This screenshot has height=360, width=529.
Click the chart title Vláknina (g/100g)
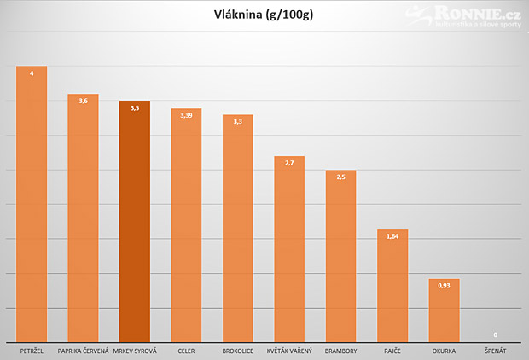[x=264, y=15]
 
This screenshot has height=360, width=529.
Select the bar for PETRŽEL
[x=32, y=204]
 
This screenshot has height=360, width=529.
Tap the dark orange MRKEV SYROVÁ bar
[x=135, y=221]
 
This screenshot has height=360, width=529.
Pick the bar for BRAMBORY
[x=340, y=256]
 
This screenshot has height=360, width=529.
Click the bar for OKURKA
[x=444, y=311]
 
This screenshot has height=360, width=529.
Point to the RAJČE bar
[x=392, y=286]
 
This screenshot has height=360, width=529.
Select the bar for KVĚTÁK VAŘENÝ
[x=289, y=249]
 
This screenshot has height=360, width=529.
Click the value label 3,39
[x=186, y=115]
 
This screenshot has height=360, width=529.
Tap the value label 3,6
[x=84, y=101]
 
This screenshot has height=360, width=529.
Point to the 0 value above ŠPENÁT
[x=495, y=334]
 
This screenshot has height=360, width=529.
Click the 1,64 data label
[x=392, y=236]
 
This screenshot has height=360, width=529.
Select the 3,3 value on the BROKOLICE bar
[x=238, y=121]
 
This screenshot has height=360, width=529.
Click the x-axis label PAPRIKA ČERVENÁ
[x=84, y=351]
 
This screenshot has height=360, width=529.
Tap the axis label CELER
[x=186, y=351]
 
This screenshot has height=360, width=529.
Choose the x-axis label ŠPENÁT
[x=495, y=351]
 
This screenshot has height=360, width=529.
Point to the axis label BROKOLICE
[x=238, y=351]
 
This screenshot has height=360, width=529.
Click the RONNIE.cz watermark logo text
[x=478, y=14]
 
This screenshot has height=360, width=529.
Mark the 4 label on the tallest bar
[x=32, y=73]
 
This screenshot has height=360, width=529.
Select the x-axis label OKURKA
[x=444, y=351]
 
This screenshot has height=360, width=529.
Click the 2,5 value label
[x=340, y=177]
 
